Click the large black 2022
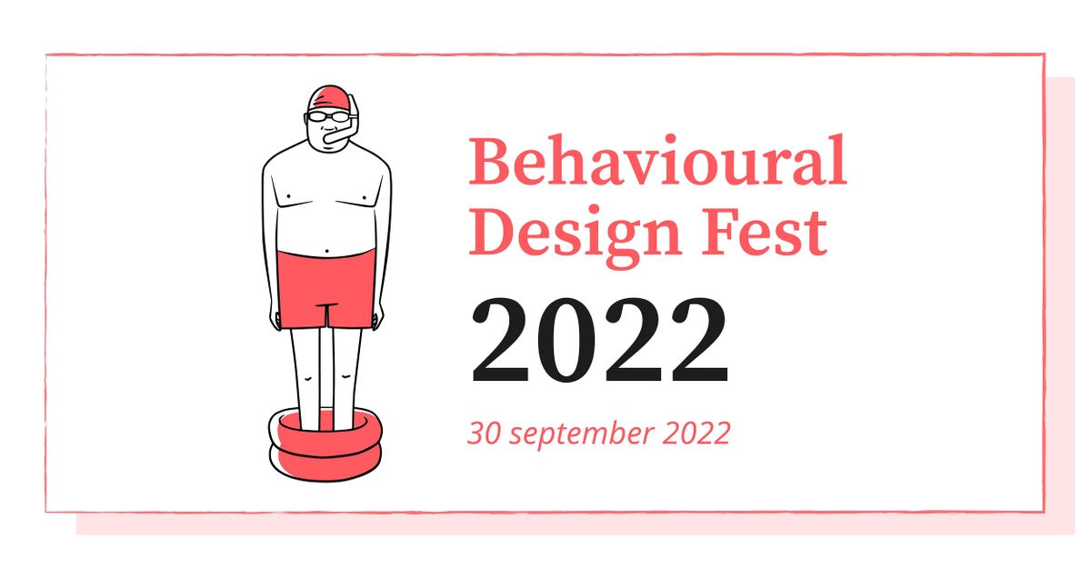[600, 341]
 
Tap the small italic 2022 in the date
[696, 433]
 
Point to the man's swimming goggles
[328, 116]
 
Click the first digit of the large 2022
[500, 341]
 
